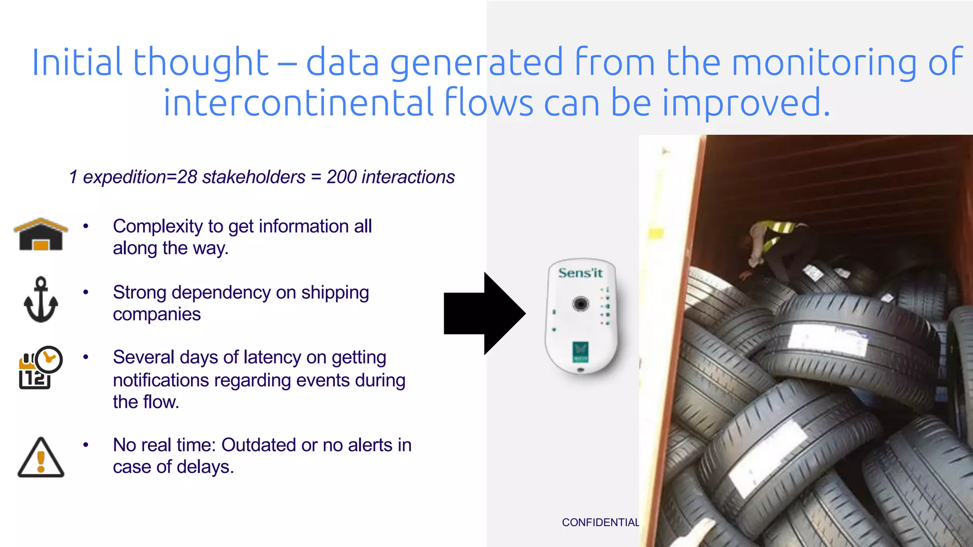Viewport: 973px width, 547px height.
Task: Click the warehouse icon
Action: pos(41,235)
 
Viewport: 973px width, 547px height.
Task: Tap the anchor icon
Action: pos(41,300)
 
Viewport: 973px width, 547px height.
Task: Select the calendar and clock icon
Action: pos(40,368)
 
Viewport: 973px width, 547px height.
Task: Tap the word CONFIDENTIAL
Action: pos(600,522)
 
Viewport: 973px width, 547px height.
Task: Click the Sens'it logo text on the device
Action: pos(580,273)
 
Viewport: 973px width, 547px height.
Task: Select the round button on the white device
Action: pos(580,303)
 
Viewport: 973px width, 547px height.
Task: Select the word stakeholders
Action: pos(254,177)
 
